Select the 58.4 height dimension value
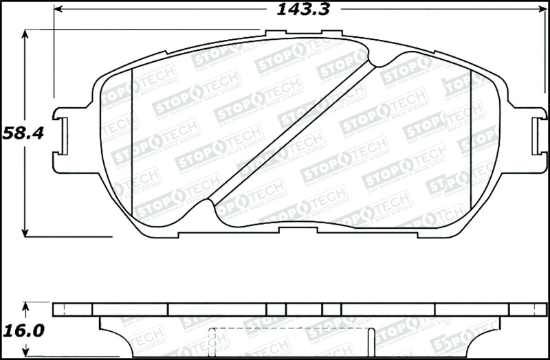tap(23, 133)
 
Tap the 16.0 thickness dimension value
tap(23, 330)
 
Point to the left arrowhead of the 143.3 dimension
tap(58, 10)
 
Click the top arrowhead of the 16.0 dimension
tap(25, 306)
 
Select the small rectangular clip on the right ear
tap(537, 136)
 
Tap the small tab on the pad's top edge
tap(275, 32)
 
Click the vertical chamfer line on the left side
tap(131, 137)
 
